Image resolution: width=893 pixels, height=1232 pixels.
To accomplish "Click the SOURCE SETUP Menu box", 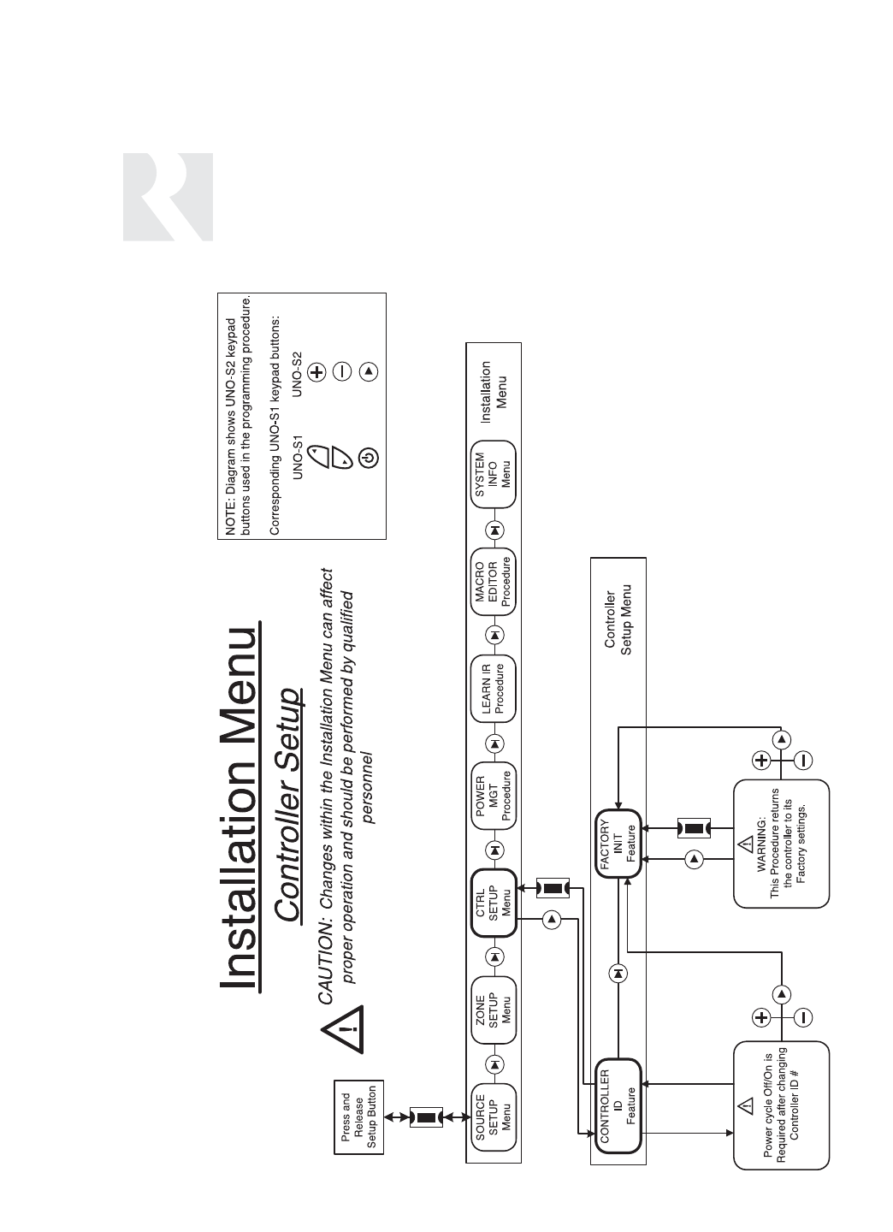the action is coord(494,1113).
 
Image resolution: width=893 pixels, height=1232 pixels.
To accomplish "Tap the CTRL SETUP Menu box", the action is coord(494,904).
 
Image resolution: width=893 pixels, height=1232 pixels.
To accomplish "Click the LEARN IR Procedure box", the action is coord(494,689).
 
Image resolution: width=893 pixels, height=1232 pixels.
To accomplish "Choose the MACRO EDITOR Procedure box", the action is coord(494,584).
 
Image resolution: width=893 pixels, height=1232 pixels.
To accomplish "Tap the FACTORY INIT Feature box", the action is coord(617,844).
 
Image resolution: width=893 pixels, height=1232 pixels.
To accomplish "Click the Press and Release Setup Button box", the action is coord(359,1117).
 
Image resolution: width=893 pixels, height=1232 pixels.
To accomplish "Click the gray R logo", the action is coord(168,197).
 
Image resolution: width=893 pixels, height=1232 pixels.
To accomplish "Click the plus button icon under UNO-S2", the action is coord(316,371).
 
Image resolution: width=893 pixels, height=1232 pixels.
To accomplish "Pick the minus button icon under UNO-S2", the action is coord(342,371).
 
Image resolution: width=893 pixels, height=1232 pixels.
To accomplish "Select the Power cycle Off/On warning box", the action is coord(781,1104).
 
